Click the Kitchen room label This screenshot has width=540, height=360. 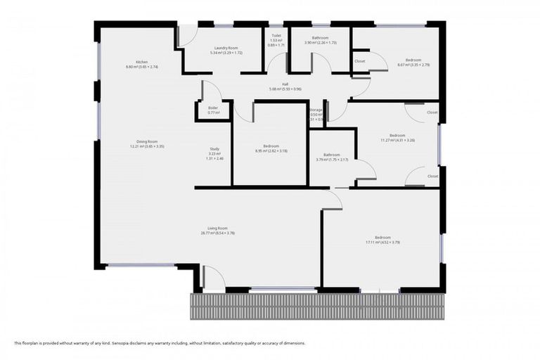142,62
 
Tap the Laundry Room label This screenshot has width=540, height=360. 226,48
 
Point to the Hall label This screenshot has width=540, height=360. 285,84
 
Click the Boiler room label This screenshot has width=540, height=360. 213,108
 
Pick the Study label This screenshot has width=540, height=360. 214,149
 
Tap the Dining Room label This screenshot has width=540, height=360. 146,141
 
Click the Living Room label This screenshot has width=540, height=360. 217,228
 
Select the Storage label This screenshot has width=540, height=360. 316,110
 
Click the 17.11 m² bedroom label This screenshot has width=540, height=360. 382,237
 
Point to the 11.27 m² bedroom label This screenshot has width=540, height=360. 397,135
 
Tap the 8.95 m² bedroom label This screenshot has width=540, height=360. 271,146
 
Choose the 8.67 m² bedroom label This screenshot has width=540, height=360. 413,60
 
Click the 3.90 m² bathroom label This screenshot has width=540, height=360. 321,38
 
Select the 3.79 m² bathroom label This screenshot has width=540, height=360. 332,155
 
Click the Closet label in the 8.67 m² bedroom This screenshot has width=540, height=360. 359,61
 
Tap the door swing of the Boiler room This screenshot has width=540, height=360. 211,91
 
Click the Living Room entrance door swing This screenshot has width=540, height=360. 213,278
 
